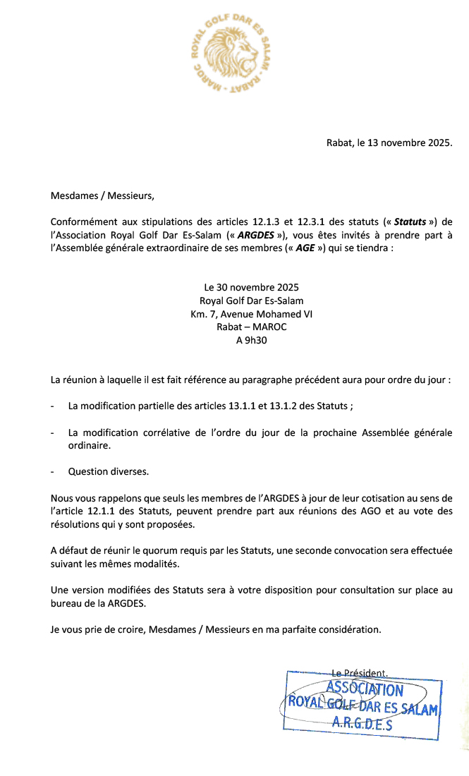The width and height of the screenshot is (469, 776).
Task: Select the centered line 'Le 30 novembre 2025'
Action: point(251,288)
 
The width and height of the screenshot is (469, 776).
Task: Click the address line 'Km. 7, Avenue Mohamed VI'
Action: point(251,314)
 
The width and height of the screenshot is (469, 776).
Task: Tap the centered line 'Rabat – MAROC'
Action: point(251,327)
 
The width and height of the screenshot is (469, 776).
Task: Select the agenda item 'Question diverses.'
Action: point(109,471)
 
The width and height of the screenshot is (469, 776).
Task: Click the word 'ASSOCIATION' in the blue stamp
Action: point(365,689)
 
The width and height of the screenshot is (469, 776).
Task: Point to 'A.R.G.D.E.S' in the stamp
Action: point(363,723)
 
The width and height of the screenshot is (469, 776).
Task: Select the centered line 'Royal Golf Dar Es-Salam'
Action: point(251,301)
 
